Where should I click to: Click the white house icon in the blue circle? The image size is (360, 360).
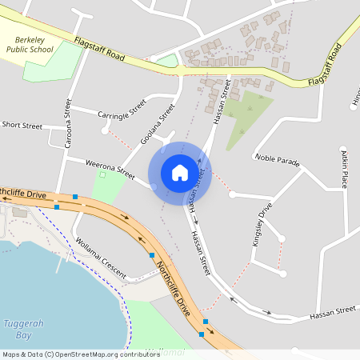pyautogui.click(x=180, y=172)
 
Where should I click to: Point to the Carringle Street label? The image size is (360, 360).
pyautogui.click(x=122, y=110)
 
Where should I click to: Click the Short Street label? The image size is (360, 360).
pyautogui.click(x=22, y=126)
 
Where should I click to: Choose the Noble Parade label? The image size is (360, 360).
pyautogui.click(x=278, y=160)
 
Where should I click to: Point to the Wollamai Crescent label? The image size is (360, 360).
pyautogui.click(x=100, y=258)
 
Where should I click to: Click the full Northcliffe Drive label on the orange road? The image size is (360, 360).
pyautogui.click(x=173, y=286)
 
